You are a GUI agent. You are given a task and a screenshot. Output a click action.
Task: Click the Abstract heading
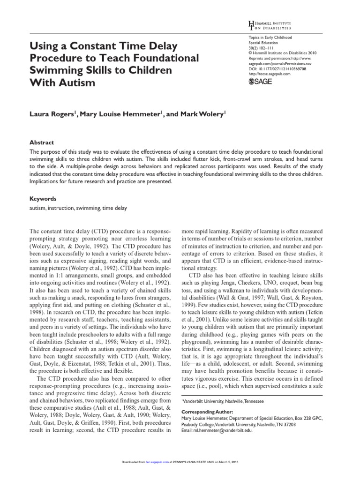point(42,142)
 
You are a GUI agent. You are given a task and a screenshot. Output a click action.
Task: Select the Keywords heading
point(43,199)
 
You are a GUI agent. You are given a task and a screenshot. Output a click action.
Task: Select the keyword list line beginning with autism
point(78,208)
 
